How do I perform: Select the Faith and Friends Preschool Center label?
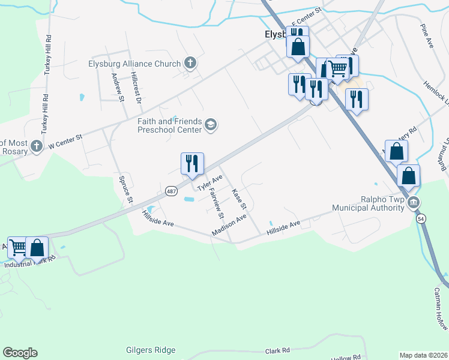(170, 124)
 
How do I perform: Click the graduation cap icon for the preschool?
(210, 124)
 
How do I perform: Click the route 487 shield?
(172, 191)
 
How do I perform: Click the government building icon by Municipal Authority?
(413, 203)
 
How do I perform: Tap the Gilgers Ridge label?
(151, 350)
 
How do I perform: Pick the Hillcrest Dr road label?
(136, 88)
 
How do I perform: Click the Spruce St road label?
(124, 187)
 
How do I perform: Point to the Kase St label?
(240, 199)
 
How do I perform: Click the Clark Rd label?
(277, 350)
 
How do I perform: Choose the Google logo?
(20, 353)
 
